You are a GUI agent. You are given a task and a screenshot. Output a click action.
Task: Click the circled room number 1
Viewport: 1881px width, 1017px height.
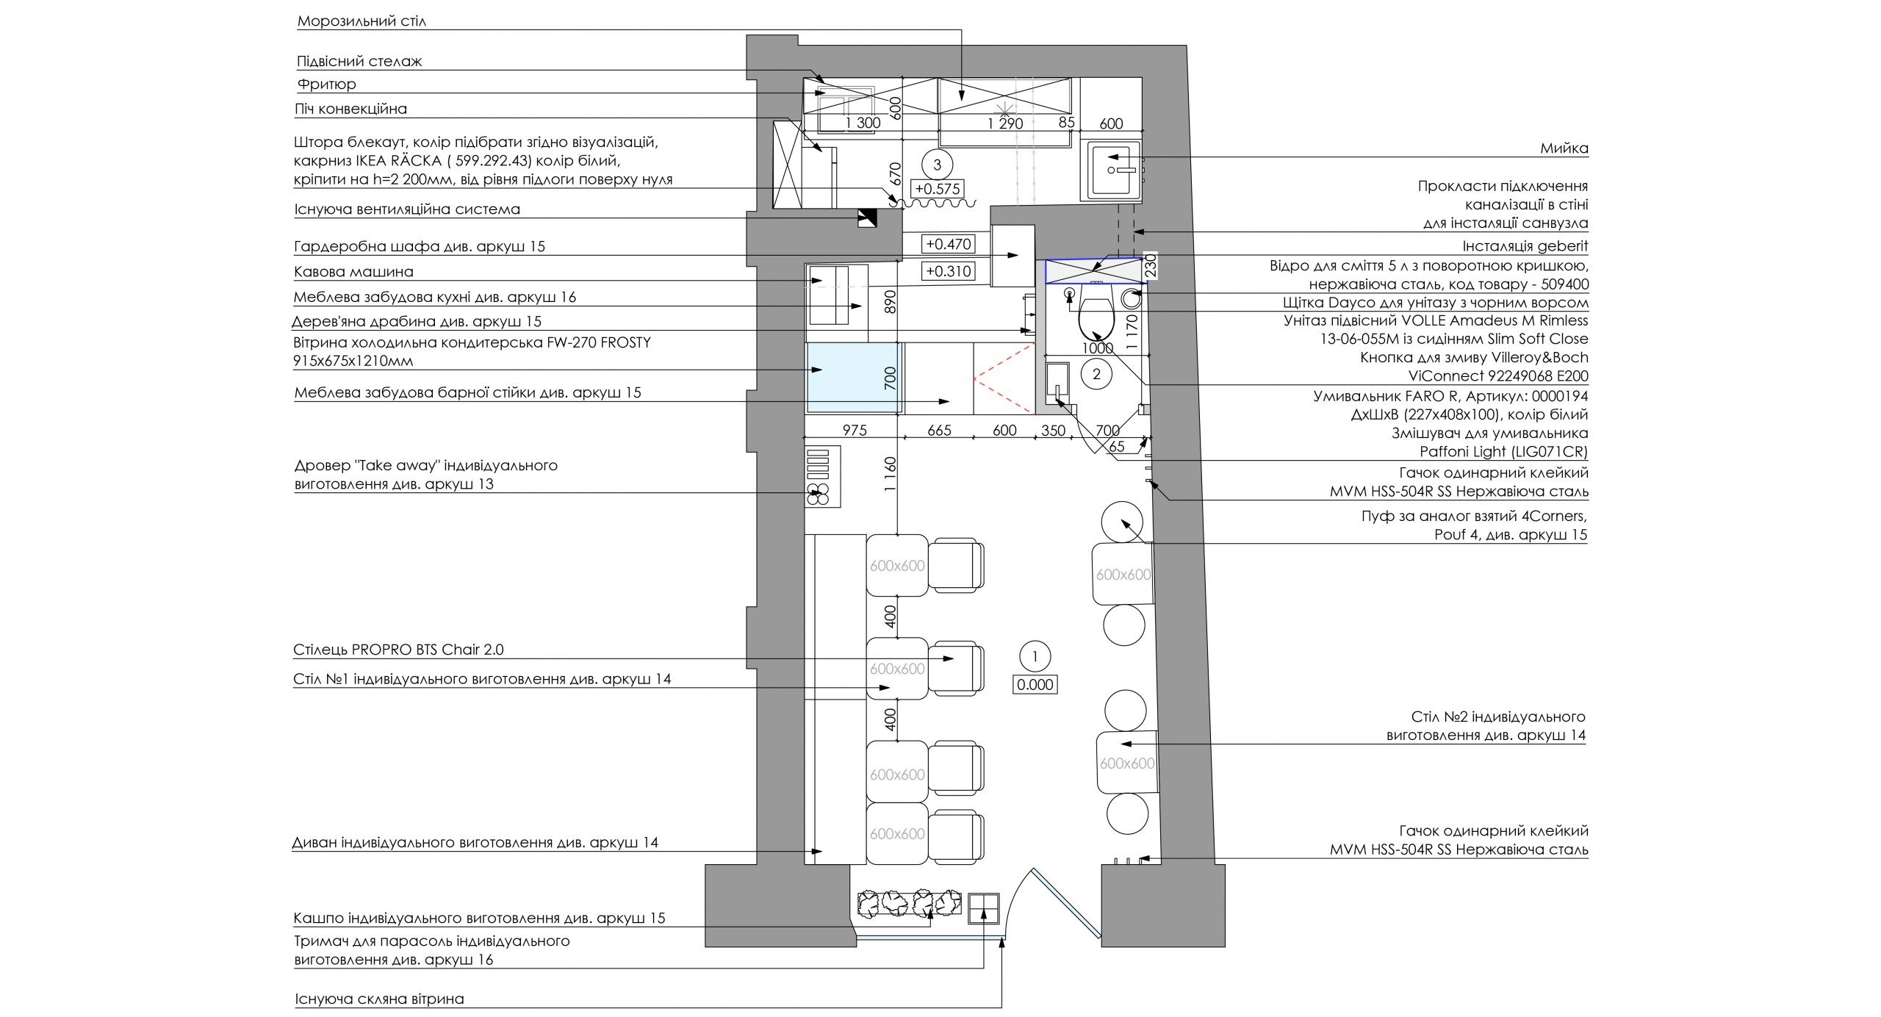(1035, 655)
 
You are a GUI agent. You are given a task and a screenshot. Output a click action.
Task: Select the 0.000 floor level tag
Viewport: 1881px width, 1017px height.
(1035, 685)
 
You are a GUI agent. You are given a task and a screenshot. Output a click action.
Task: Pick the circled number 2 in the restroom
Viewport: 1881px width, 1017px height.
(1096, 375)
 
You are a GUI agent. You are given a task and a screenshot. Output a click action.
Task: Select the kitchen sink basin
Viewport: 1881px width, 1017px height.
(1112, 170)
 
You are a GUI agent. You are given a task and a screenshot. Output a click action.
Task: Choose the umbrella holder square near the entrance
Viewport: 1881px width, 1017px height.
(983, 908)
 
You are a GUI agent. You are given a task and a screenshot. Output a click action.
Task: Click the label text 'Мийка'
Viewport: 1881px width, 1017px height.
(1564, 148)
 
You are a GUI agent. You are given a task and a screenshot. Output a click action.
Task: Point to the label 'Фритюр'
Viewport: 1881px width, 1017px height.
(326, 84)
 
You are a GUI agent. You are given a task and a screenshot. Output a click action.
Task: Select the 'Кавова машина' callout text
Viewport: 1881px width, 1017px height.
(353, 271)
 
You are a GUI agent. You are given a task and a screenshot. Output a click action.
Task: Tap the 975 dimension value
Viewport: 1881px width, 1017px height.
(855, 430)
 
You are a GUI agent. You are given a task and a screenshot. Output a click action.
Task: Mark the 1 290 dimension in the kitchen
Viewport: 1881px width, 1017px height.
(1005, 123)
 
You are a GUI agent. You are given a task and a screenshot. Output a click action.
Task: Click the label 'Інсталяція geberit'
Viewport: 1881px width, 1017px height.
(1525, 246)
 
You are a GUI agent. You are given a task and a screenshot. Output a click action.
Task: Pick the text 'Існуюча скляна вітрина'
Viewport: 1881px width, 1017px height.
(379, 999)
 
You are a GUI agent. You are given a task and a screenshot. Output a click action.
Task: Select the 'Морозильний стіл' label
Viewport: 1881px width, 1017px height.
(362, 21)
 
